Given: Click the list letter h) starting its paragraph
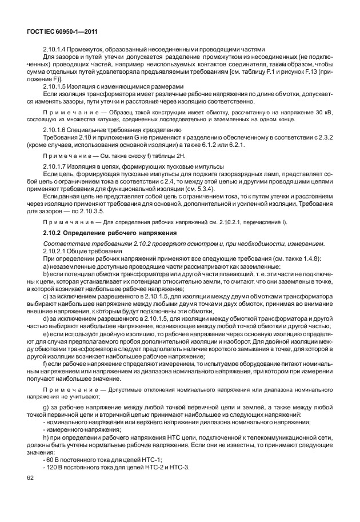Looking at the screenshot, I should tap(46, 436).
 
